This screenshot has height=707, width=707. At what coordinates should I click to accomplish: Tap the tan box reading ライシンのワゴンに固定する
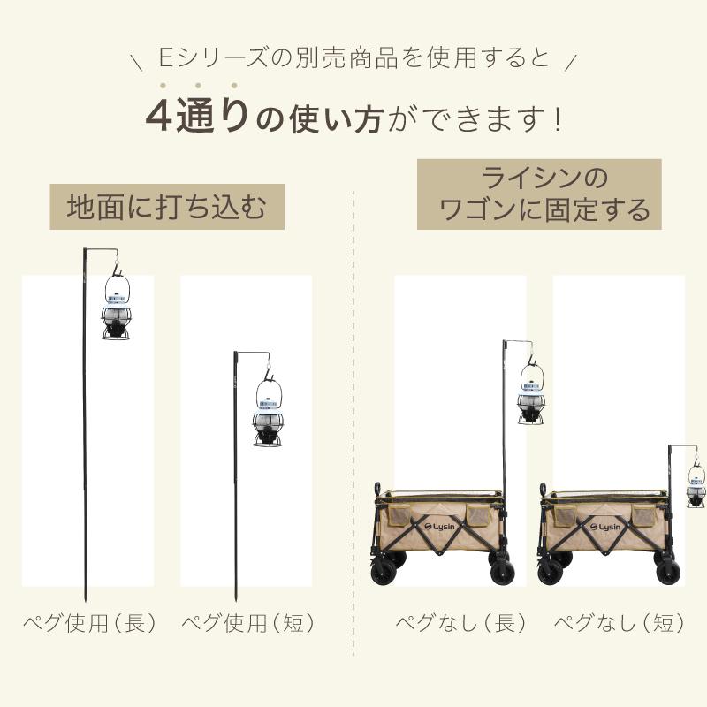(539, 194)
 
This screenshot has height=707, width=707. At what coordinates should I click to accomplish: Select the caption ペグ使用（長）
(89, 623)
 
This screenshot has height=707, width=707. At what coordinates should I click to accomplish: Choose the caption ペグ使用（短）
(248, 623)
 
